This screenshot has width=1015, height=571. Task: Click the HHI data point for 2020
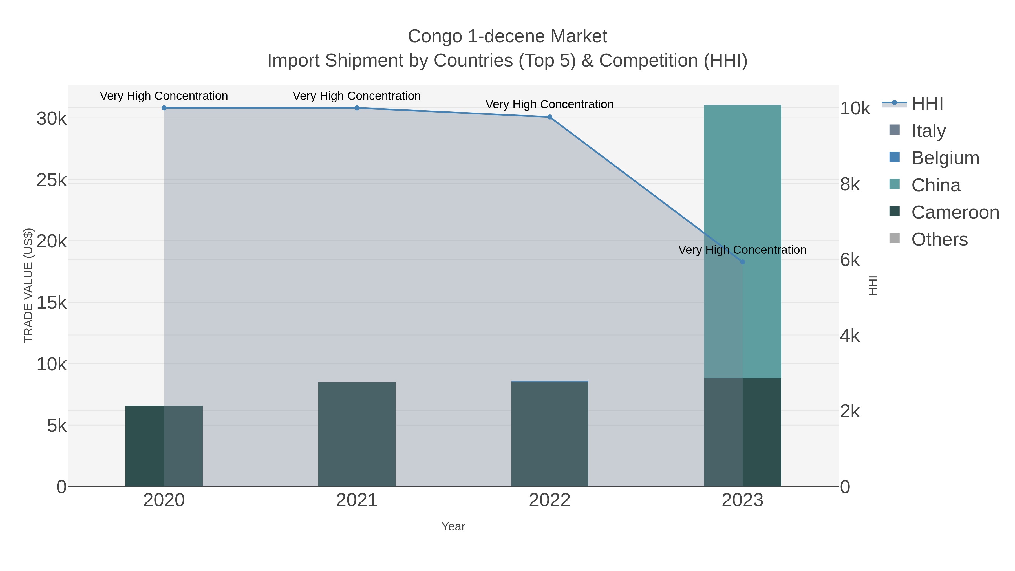[164, 108]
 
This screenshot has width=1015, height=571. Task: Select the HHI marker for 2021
[357, 108]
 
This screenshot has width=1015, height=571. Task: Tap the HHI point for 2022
[550, 117]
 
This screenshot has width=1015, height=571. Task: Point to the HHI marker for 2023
[742, 262]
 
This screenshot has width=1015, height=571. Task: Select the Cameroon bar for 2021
[357, 433]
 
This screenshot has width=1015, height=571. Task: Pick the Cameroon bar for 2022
[550, 433]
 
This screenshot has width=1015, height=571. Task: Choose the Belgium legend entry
[945, 158]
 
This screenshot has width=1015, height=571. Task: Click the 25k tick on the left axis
[52, 180]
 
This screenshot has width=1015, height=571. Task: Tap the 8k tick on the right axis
[850, 184]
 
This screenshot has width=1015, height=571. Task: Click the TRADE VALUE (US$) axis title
[28, 285]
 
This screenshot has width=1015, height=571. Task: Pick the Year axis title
[453, 526]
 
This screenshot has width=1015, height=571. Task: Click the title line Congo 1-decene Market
[507, 36]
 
